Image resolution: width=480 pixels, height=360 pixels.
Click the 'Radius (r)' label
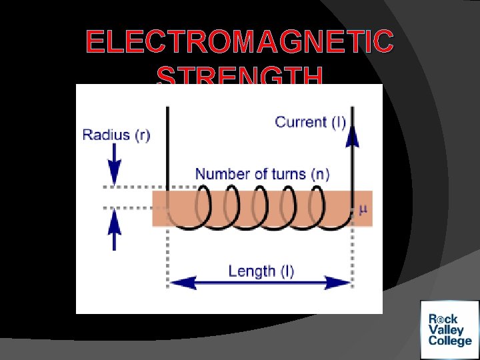[116, 135]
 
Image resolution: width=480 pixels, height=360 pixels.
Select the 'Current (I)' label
[310, 122]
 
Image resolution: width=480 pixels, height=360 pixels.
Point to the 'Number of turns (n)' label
[262, 174]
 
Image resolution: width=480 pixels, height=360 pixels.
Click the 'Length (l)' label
[261, 271]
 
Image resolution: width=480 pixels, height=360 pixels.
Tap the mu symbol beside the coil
[363, 209]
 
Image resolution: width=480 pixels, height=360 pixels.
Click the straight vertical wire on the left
[167, 147]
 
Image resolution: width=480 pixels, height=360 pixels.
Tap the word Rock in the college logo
[443, 319]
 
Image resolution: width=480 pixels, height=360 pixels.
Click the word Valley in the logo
[446, 331]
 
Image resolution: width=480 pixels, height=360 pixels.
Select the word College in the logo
[450, 342]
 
